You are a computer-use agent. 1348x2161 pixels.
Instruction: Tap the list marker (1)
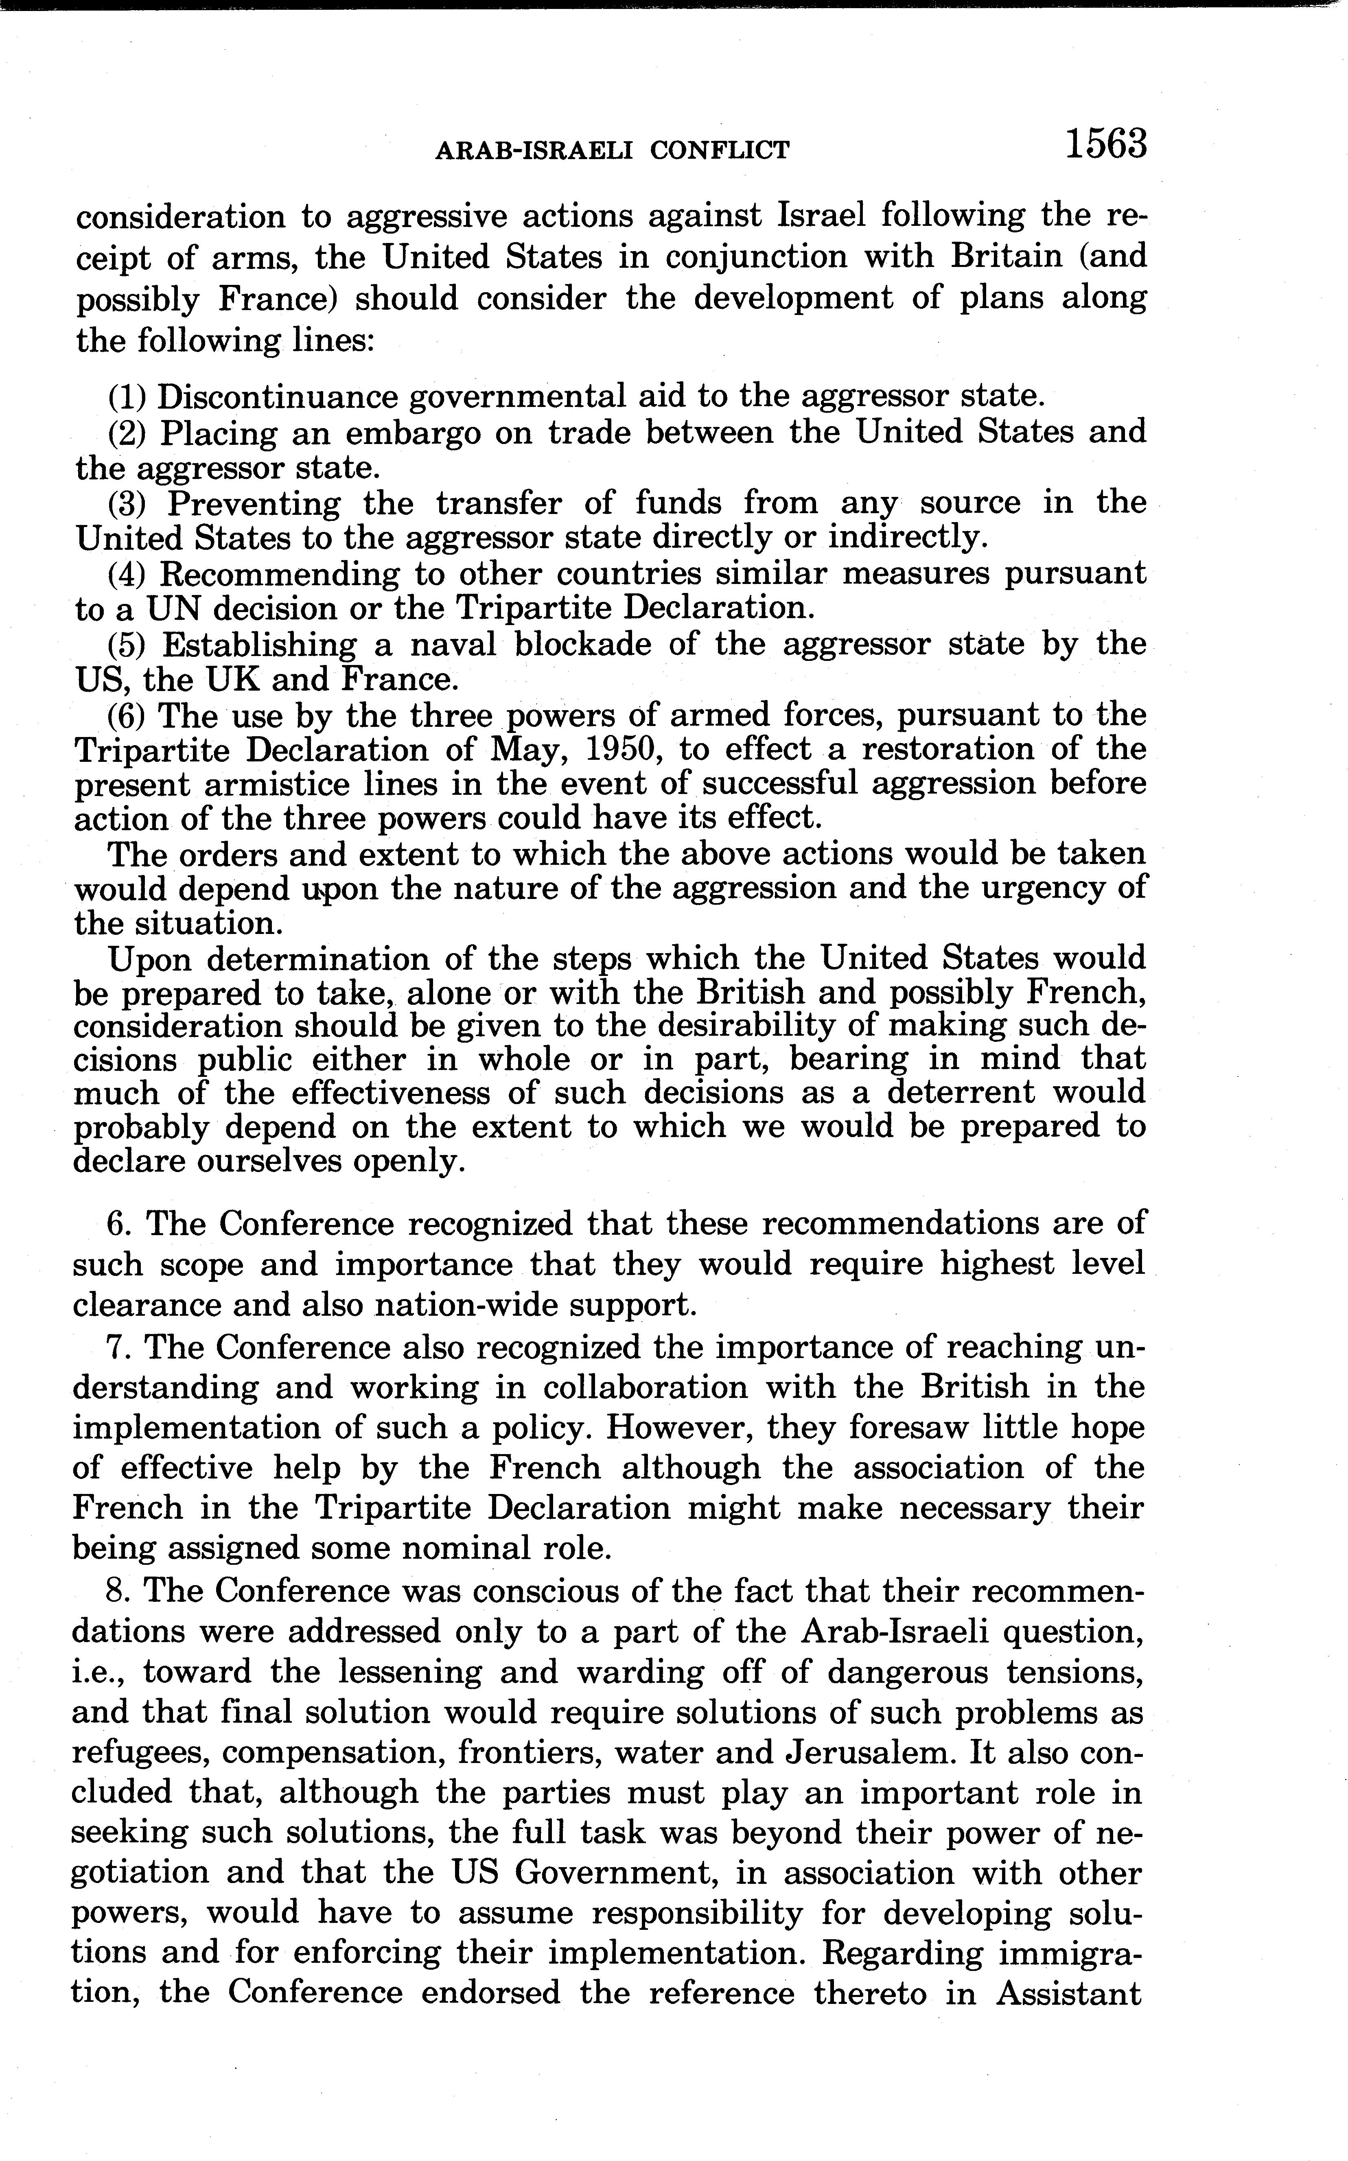click(x=127, y=396)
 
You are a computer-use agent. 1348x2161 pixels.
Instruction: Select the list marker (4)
click(x=127, y=573)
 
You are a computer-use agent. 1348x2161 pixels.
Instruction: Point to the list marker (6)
click(x=127, y=715)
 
